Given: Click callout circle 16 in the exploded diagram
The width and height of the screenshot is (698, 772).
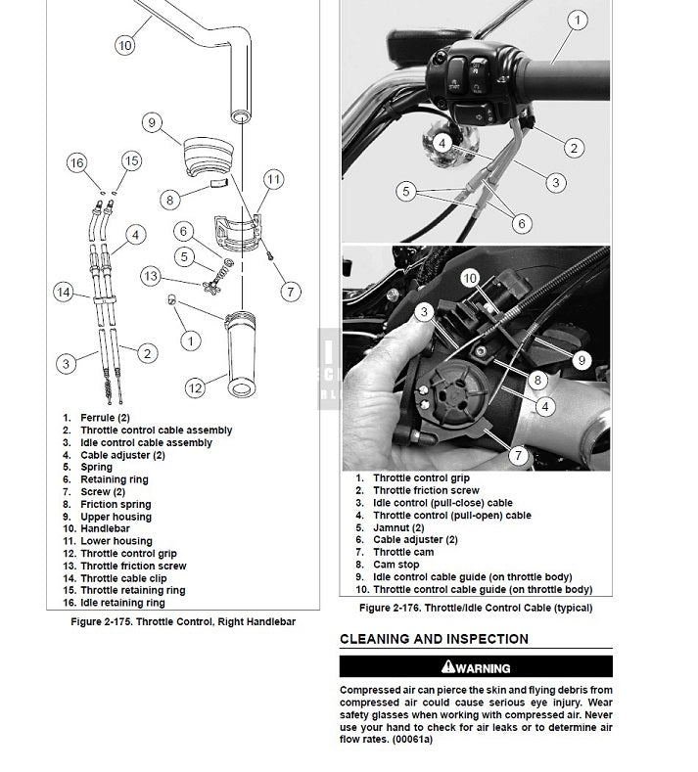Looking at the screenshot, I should [77, 163].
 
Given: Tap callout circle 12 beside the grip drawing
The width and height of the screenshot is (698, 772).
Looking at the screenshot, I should [195, 388].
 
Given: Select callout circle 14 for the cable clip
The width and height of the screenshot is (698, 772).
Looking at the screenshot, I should [64, 291].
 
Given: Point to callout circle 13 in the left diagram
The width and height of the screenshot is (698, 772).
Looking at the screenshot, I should [150, 276].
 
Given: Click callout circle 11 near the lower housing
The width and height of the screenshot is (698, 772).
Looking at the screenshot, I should [274, 179].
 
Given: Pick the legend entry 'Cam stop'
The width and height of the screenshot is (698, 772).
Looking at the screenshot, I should [396, 565].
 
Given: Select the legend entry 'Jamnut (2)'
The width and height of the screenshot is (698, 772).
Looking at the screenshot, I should [397, 527].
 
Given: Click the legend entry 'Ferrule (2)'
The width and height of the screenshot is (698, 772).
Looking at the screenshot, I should [105, 418].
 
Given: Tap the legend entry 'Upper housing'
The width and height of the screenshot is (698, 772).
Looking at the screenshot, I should [116, 517].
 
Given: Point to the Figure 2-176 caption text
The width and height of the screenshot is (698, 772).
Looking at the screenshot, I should [475, 609].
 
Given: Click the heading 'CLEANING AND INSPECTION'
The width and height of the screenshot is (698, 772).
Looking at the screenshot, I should [434, 640].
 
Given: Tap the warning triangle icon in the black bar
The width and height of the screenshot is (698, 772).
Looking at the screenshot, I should [448, 667].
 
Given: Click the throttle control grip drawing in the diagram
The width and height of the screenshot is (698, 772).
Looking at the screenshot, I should [241, 352].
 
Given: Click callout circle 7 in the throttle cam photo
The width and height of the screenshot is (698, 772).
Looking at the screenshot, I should [518, 455].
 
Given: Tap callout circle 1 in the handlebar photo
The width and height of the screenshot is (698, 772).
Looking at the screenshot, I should [578, 21].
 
